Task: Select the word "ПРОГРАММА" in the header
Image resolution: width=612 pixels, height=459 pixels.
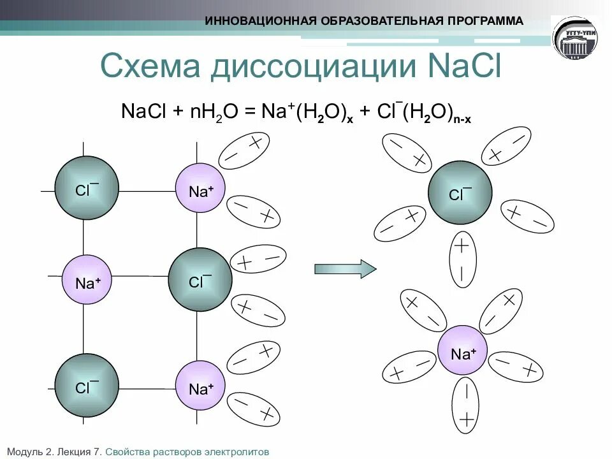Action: point(485,20)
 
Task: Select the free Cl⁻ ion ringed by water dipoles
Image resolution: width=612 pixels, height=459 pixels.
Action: point(460,193)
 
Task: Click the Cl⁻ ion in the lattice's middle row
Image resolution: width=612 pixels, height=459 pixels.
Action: point(200,280)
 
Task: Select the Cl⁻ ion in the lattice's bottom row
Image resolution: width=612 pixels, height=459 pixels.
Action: point(86,386)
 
